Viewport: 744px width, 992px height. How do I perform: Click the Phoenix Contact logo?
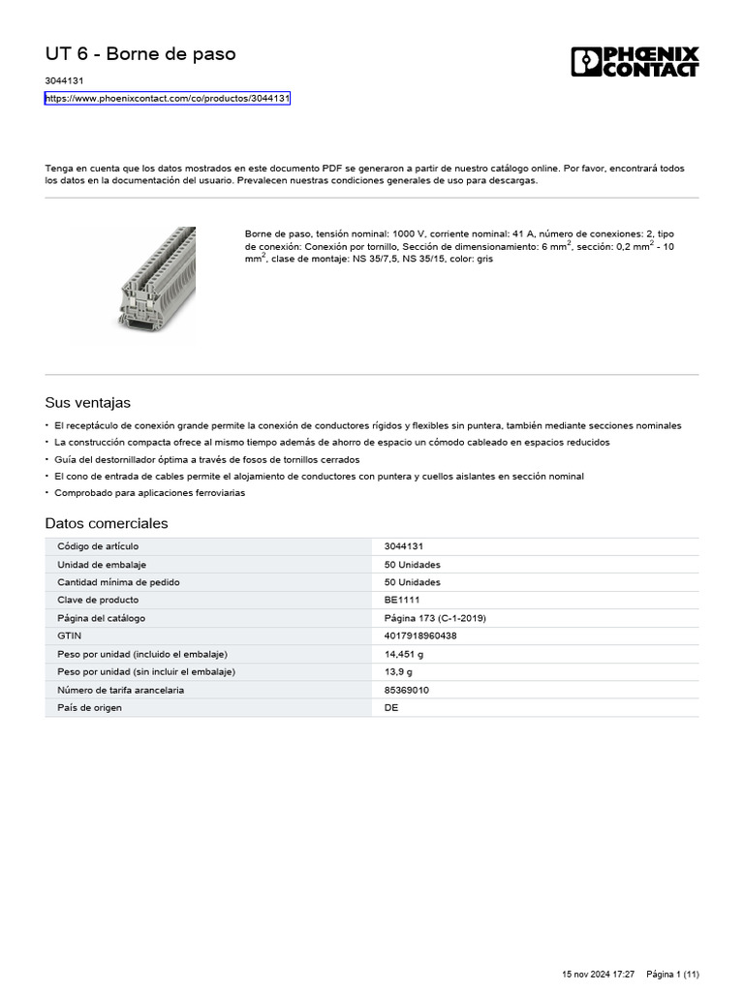[635, 62]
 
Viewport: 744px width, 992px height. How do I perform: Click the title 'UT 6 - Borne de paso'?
[140, 54]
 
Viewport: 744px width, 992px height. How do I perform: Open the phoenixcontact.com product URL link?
[168, 99]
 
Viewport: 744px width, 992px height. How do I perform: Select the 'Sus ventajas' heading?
[87, 402]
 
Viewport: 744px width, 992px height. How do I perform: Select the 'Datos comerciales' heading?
[107, 523]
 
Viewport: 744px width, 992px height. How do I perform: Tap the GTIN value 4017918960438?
[420, 635]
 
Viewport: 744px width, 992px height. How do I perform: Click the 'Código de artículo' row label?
[98, 546]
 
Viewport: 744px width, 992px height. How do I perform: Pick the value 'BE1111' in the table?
[402, 600]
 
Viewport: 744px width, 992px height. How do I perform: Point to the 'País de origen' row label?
[90, 707]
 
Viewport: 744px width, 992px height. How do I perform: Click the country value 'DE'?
[391, 707]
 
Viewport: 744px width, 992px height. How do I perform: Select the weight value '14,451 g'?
[404, 654]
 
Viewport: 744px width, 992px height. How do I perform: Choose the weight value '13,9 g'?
[400, 671]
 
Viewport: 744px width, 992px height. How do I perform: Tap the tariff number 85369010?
[407, 690]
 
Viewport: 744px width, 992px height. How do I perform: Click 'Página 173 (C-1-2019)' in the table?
[435, 618]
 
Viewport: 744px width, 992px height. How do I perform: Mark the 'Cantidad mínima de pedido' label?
[118, 582]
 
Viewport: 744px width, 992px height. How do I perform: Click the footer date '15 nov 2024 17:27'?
[598, 974]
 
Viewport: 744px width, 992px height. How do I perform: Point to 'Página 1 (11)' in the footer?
[672, 974]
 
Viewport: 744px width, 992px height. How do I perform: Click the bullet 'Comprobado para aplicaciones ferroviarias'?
[149, 493]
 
